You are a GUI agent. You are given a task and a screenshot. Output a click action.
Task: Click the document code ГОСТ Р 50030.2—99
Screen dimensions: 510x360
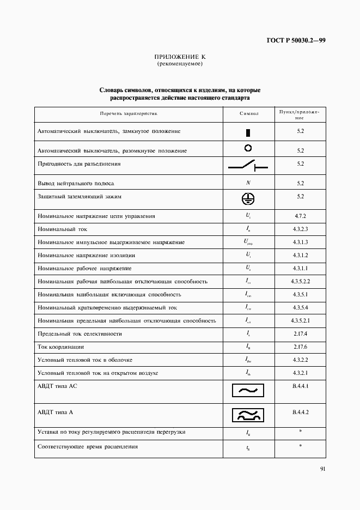pos(296,40)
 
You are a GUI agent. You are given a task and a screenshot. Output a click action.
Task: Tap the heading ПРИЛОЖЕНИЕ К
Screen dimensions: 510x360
pos(180,57)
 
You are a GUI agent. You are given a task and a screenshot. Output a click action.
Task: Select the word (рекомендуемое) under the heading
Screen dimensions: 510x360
pos(180,64)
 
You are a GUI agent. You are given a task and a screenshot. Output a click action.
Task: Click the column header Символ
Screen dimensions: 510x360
pos(248,114)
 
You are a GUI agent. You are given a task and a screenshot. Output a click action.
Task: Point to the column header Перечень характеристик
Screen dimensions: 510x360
pos(129,114)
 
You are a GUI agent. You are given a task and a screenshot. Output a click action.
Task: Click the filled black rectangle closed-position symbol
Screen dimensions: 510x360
pos(248,132)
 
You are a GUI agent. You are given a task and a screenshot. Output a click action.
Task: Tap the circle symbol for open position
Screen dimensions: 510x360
pos(248,148)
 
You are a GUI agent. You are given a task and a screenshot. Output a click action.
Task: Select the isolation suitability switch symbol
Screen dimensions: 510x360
pos(248,165)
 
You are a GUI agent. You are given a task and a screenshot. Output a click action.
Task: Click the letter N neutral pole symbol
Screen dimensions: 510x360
pos(248,183)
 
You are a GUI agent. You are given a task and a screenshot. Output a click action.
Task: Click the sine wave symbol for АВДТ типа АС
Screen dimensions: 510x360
pos(248,391)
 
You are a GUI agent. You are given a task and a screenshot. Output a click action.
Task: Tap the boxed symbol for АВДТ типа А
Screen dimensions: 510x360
pos(248,415)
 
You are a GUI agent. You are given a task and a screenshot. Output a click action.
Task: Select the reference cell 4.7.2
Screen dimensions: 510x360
pos(300,216)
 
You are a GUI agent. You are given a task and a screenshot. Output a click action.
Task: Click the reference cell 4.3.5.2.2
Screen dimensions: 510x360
pos(300,281)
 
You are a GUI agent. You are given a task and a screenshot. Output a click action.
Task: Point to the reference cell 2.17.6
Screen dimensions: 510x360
pos(300,347)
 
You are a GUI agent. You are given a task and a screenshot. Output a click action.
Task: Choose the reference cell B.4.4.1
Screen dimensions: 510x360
pos(300,386)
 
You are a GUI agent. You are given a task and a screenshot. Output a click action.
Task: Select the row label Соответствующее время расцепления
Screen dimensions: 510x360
pos(88,447)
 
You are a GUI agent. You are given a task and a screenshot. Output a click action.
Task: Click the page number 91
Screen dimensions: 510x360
pos(322,468)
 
